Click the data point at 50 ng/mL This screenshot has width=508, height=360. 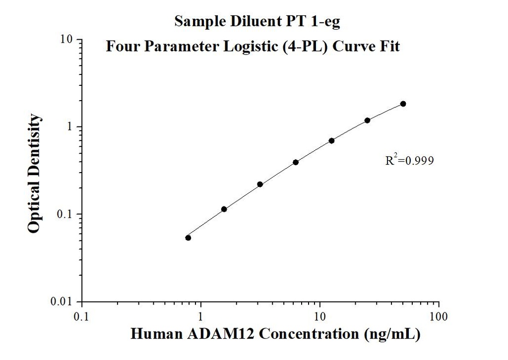point(403,104)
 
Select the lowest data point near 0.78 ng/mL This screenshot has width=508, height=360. point(188,238)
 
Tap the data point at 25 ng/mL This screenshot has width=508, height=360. point(367,120)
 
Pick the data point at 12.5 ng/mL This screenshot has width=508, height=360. point(331,141)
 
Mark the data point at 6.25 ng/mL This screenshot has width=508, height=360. point(296,162)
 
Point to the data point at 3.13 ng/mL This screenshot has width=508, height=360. point(260,184)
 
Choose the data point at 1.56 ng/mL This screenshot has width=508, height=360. point(224,209)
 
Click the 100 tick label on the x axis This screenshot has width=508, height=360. point(439,316)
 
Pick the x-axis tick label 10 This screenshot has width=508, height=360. point(319,316)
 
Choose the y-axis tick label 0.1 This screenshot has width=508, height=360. point(66,214)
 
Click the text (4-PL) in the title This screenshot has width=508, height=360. point(310,47)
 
